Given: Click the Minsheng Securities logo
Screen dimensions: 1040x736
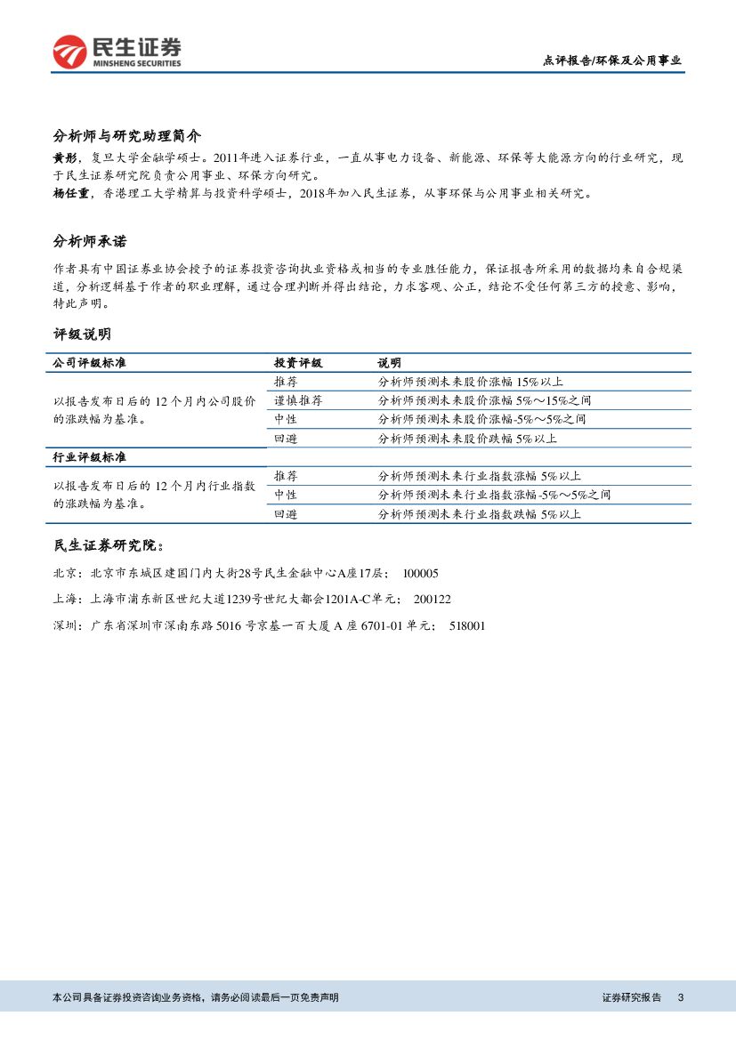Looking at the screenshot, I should [117, 52].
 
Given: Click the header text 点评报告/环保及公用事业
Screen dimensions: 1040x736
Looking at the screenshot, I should [611, 60].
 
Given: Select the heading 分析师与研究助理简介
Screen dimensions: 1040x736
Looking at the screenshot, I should [127, 136].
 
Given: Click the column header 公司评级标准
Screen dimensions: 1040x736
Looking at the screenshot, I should [89, 363].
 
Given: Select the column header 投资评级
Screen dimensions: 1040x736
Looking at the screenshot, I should [298, 363].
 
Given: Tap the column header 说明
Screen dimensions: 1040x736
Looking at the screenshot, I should [389, 363].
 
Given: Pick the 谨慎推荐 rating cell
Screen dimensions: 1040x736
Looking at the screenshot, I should [298, 400].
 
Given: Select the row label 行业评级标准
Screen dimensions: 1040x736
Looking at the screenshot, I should [89, 456].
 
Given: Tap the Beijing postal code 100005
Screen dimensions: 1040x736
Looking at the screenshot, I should [421, 574].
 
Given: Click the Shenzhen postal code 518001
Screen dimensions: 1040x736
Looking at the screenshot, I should [466, 626].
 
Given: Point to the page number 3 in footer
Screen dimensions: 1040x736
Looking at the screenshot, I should [680, 997].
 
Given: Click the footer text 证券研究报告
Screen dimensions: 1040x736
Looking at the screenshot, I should [632, 997].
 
